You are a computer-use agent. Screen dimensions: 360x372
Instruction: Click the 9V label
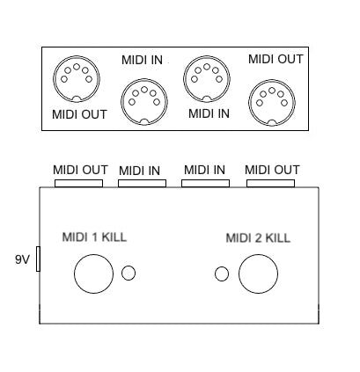(x=22, y=259)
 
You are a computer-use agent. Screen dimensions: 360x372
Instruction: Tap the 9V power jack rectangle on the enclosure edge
(x=38, y=259)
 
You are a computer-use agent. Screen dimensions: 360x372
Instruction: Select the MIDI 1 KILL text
(x=94, y=237)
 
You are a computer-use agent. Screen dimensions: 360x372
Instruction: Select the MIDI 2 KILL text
(x=258, y=237)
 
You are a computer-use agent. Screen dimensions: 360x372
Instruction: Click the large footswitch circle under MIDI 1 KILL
(x=94, y=274)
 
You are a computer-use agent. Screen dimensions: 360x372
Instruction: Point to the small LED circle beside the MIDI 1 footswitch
(x=129, y=273)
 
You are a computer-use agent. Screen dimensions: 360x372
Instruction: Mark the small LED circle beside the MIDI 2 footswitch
(x=222, y=274)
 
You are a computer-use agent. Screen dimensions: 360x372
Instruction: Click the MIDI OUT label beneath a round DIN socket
(x=79, y=114)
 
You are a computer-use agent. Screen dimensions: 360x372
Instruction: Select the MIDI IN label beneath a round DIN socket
(x=209, y=113)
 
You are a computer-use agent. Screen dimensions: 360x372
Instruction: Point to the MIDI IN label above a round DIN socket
(x=142, y=60)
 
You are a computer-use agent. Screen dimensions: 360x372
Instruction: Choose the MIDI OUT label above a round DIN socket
(x=276, y=59)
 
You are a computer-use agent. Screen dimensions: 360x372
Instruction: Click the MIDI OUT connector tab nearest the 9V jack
(x=78, y=183)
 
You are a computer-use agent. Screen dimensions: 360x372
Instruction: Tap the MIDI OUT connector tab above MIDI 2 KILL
(x=270, y=183)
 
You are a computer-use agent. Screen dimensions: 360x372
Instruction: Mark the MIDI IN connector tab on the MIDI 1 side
(x=142, y=183)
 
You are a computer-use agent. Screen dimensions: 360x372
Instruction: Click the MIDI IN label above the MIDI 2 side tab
(x=204, y=170)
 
